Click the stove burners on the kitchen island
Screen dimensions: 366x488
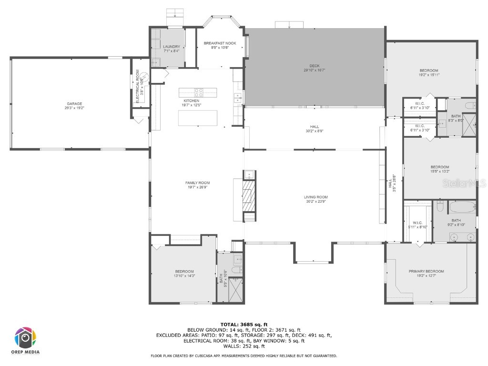(198, 92)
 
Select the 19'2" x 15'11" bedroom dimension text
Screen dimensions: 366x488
(428, 75)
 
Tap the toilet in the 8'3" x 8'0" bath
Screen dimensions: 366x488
(469, 105)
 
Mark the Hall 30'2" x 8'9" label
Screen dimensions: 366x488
(315, 129)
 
